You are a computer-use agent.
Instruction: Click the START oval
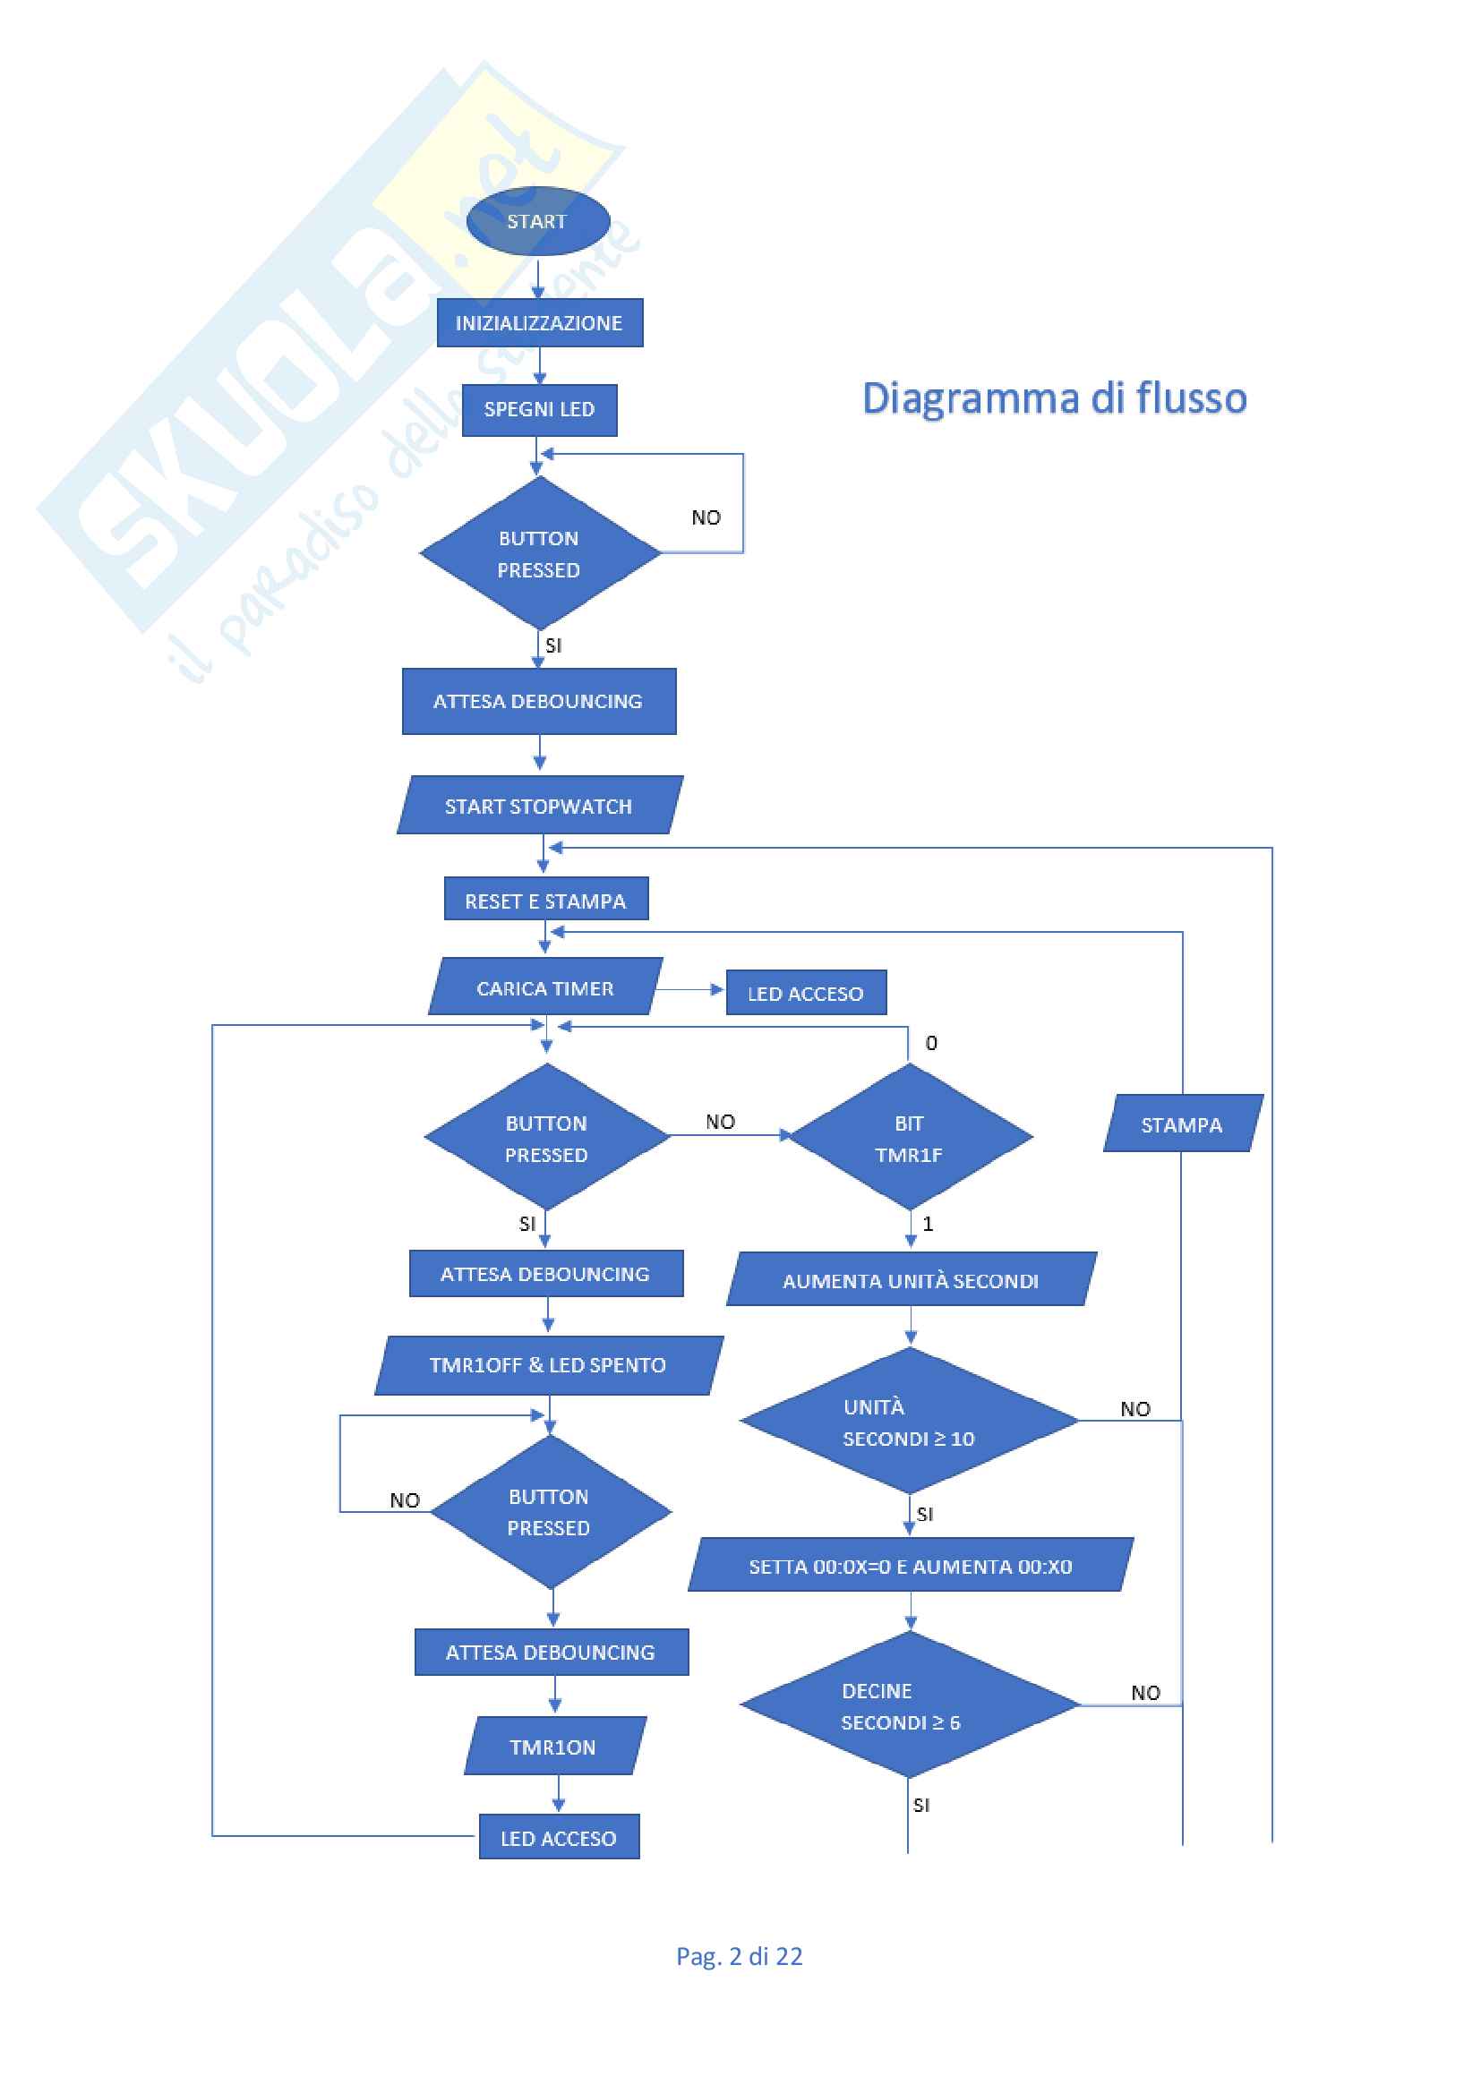click(538, 221)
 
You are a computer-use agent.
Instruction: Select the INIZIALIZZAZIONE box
click(539, 322)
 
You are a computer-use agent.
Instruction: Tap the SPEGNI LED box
click(539, 410)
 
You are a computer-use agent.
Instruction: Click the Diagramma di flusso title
click(1054, 398)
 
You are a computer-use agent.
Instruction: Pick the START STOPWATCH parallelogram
click(539, 806)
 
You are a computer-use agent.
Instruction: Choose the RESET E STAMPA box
click(545, 900)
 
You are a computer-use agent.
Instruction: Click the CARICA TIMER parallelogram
click(545, 987)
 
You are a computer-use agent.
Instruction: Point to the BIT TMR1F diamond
click(909, 1138)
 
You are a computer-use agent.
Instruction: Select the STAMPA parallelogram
click(1182, 1124)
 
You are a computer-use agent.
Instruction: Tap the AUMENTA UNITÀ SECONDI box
click(911, 1280)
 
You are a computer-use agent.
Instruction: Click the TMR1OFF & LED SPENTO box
click(548, 1364)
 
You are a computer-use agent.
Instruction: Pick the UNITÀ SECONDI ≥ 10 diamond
click(908, 1422)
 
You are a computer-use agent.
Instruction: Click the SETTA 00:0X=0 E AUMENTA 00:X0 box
click(910, 1566)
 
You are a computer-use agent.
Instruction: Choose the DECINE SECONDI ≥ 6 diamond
click(908, 1705)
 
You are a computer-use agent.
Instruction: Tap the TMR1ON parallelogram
click(552, 1747)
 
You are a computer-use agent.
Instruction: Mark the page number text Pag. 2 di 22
click(739, 1956)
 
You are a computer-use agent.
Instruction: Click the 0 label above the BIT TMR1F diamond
click(931, 1043)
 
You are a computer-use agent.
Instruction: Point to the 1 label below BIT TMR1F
click(929, 1225)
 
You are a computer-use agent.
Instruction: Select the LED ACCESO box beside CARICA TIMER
click(805, 993)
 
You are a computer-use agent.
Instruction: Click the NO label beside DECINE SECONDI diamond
click(1145, 1693)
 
